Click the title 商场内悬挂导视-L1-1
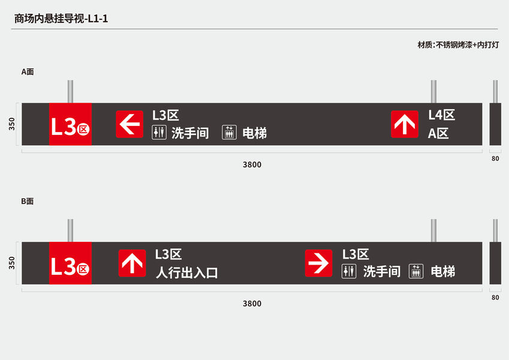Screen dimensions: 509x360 click(x=61, y=19)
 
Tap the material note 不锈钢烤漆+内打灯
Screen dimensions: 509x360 click(x=458, y=45)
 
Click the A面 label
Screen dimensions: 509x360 click(x=28, y=71)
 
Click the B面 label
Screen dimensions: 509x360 click(x=28, y=202)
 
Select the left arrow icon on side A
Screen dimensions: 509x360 click(x=129, y=124)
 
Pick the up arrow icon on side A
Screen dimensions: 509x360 click(x=405, y=124)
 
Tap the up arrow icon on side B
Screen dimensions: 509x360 click(x=132, y=263)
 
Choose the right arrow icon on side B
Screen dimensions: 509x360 click(x=318, y=263)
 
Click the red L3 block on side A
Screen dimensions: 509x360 click(x=70, y=124)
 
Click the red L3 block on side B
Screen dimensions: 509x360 click(x=70, y=263)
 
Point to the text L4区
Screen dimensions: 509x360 click(x=441, y=115)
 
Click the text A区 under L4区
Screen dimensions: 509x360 click(x=438, y=134)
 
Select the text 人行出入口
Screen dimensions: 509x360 click(x=186, y=273)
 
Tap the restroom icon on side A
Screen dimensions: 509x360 click(x=158, y=133)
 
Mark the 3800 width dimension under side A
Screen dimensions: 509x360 click(x=252, y=164)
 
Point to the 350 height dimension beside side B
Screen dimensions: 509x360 click(x=12, y=263)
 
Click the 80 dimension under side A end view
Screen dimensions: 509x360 click(x=495, y=159)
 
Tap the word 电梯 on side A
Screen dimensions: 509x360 click(x=255, y=133)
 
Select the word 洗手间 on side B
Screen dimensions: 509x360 click(x=382, y=272)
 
